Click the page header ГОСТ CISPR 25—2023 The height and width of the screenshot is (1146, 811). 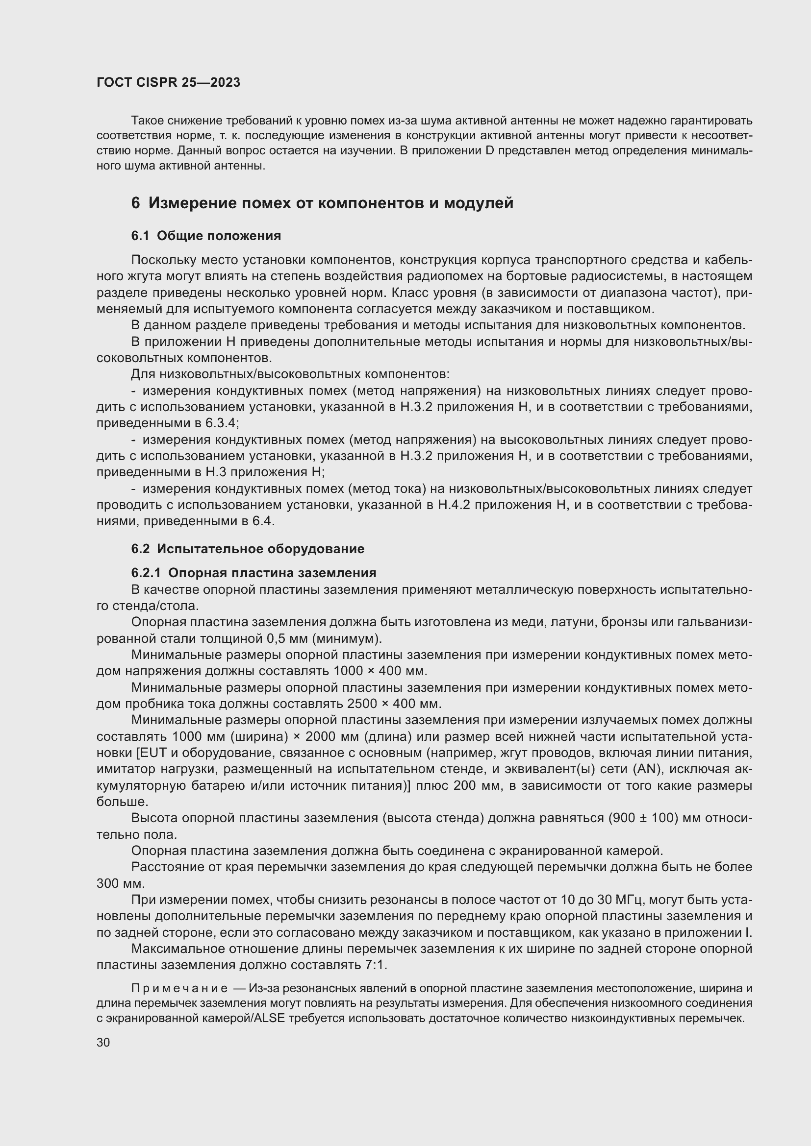pyautogui.click(x=168, y=82)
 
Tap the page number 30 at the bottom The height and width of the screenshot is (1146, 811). pyautogui.click(x=103, y=1043)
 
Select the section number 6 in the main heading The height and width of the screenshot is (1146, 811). pyautogui.click(x=135, y=203)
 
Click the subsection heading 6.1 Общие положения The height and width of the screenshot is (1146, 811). pyautogui.click(x=206, y=236)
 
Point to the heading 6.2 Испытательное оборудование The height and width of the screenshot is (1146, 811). pyautogui.click(x=248, y=549)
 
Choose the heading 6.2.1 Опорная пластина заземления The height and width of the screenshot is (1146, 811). pyautogui.click(x=253, y=572)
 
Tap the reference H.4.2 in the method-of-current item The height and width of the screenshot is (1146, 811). pyautogui.click(x=454, y=505)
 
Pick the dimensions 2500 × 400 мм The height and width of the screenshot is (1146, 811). pyautogui.click(x=394, y=704)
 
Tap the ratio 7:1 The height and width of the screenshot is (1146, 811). pyautogui.click(x=376, y=965)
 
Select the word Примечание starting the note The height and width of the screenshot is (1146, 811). pyautogui.click(x=179, y=989)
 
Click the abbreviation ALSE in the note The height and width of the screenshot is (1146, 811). pyautogui.click(x=270, y=1019)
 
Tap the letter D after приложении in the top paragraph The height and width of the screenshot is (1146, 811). pyautogui.click(x=489, y=151)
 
